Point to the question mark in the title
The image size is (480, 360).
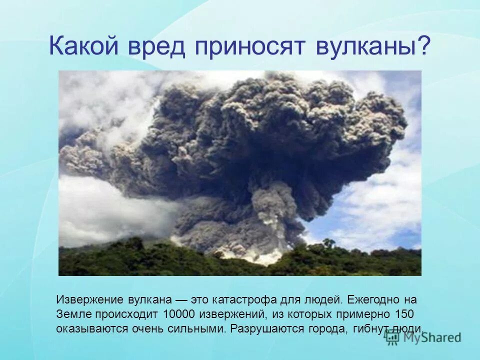424,47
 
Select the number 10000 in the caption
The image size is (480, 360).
179,314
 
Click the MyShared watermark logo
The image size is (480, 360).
422,337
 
